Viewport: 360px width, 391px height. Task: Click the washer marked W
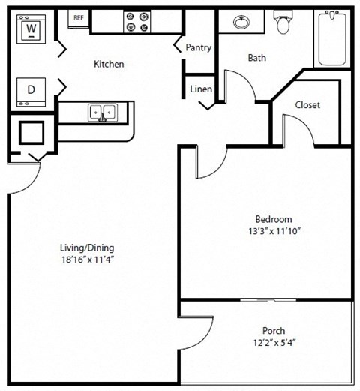(31, 29)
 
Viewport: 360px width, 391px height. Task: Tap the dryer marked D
(31, 90)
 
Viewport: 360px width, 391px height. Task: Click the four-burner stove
(136, 21)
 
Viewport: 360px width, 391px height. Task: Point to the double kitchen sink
(103, 113)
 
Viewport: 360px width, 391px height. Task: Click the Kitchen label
(109, 65)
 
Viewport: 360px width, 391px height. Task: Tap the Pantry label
(199, 47)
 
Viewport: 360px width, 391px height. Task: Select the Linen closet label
(201, 89)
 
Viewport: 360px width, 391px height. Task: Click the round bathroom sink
(241, 22)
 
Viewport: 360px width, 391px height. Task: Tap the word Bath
(256, 58)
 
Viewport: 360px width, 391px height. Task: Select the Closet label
(307, 105)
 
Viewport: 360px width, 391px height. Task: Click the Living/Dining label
(87, 248)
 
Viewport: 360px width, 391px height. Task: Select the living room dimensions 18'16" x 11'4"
(87, 260)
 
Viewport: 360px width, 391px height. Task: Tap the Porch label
(273, 331)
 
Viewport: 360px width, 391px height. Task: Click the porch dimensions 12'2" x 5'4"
(273, 343)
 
